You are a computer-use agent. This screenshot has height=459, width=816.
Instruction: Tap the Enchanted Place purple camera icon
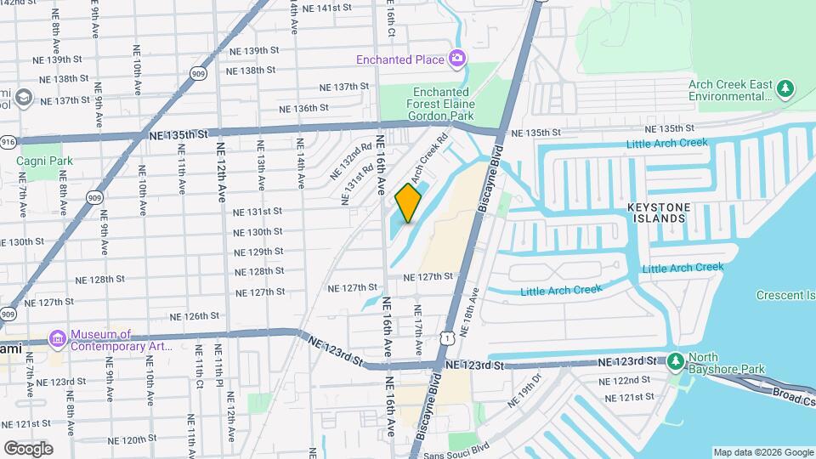(457, 59)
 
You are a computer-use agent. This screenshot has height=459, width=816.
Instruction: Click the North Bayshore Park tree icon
(675, 362)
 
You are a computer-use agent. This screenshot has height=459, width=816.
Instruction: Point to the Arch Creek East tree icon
(786, 88)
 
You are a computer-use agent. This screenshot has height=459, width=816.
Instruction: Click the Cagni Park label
(42, 160)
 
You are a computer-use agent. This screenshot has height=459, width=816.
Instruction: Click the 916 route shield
(8, 142)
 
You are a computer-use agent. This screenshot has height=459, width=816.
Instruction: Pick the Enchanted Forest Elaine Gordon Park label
(443, 104)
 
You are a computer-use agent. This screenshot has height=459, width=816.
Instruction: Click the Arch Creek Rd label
(428, 158)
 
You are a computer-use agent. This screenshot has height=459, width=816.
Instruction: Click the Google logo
(29, 448)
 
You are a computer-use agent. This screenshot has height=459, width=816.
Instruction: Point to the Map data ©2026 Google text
(762, 452)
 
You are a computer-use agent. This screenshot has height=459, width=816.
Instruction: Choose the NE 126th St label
(194, 316)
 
